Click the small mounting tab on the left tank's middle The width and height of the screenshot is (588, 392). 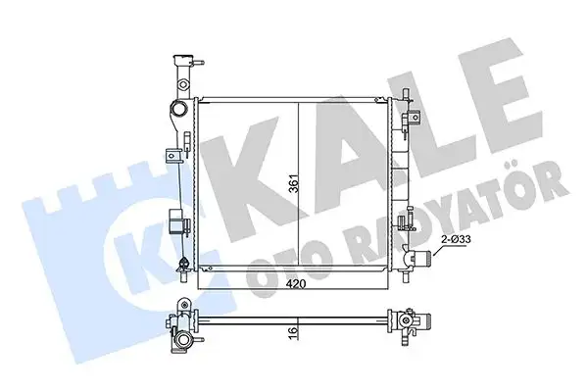pyautogui.click(x=173, y=153)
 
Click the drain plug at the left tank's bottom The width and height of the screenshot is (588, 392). pyautogui.click(x=182, y=262)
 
